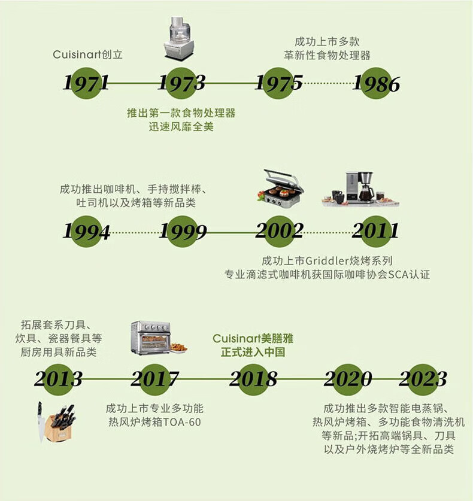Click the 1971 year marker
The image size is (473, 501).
[x=86, y=83]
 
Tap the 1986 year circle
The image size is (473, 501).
[x=376, y=83]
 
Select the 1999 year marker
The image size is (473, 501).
[x=183, y=231]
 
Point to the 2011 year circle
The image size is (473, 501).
[x=376, y=231]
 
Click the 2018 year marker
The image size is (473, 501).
[x=253, y=379]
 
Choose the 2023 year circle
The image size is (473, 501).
[x=423, y=379]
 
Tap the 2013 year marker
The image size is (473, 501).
[x=58, y=379]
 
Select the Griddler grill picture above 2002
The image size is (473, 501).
[x=280, y=189]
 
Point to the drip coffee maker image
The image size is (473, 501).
[x=360, y=189]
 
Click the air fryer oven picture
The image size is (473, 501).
[x=151, y=338]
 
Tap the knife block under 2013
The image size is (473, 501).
[x=56, y=423]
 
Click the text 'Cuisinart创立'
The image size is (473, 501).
[x=87, y=54]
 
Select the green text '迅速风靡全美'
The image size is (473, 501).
[x=181, y=127]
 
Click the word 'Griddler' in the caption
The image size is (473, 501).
[x=327, y=261]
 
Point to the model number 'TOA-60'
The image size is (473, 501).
[x=182, y=422]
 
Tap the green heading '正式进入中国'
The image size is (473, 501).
[x=253, y=352]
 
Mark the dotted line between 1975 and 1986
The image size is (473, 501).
[x=328, y=83]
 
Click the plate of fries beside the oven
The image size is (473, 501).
[x=179, y=348]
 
